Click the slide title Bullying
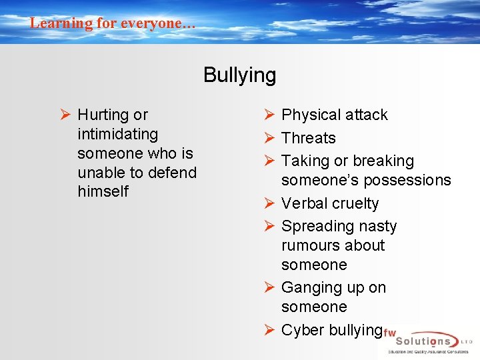pos(239,75)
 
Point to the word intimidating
pos(117,134)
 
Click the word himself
pos(103,192)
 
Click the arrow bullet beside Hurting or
pos(65,115)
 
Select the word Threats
pos(308,139)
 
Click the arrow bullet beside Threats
pos(269,138)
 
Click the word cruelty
pos(357,204)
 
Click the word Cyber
pos(301,330)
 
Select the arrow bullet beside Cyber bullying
pos(269,329)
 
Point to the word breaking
pos(383,161)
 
